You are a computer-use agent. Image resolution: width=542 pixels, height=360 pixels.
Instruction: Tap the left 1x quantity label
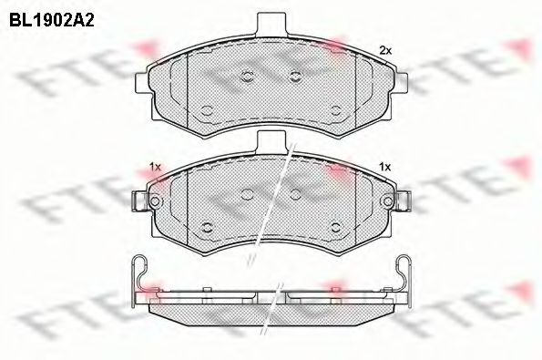(x=154, y=167)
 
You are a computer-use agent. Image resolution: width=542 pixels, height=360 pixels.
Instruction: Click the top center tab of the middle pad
(x=271, y=141)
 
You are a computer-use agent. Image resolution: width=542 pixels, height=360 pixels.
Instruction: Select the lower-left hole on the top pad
(x=207, y=110)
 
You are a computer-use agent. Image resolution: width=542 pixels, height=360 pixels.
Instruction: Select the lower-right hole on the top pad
(x=335, y=110)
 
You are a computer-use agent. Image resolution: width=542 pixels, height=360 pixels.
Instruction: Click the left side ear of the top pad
(x=140, y=81)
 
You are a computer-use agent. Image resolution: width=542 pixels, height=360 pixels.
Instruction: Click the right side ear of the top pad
(x=402, y=81)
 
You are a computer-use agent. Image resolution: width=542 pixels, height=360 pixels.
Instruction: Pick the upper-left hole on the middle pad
(x=248, y=193)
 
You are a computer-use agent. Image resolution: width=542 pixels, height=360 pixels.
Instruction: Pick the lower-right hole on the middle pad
(x=335, y=227)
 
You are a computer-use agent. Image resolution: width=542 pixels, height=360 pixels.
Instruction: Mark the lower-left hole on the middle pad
(x=207, y=227)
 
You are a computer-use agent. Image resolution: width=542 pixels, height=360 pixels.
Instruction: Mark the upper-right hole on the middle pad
(x=294, y=193)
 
